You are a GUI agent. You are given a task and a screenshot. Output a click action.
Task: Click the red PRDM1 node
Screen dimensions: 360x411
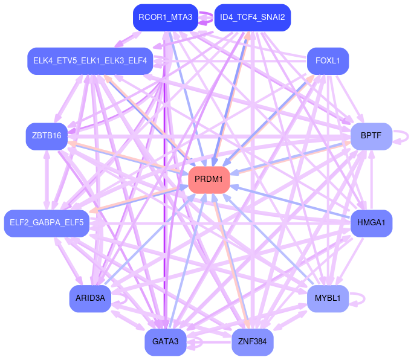(209, 179)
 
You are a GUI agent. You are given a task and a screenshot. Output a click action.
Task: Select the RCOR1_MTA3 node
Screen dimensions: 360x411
(165, 18)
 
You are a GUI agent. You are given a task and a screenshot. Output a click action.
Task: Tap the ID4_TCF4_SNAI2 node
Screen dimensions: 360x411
(253, 18)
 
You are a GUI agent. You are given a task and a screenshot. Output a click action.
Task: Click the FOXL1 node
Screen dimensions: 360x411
(328, 61)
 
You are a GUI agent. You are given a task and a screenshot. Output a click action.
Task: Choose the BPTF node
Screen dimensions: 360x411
(371, 136)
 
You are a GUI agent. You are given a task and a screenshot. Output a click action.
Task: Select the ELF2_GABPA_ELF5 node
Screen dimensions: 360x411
(47, 223)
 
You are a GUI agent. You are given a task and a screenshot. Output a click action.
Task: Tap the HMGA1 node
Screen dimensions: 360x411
(371, 223)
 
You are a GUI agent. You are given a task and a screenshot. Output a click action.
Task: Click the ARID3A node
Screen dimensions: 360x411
(90, 298)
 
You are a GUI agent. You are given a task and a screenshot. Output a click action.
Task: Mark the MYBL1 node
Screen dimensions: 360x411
(328, 298)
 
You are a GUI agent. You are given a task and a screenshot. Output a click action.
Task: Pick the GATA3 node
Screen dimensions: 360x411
(165, 342)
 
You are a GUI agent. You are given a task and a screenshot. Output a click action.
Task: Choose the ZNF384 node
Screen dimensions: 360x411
(253, 342)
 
